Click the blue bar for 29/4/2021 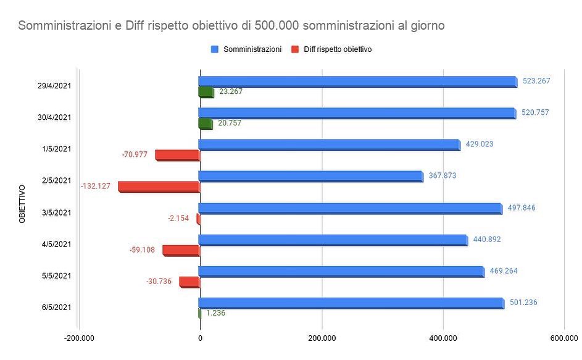pos(358,81)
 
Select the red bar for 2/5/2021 pos(159,186)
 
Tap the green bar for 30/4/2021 pos(206,123)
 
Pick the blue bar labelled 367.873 pos(311,176)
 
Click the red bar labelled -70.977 pos(177,154)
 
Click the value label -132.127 pos(96,186)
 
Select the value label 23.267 pos(231,91)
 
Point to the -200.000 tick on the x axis pos(78,337)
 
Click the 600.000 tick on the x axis pos(563,337)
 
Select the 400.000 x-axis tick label pos(443,337)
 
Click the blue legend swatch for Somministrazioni pos(215,49)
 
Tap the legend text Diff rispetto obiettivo pos(338,49)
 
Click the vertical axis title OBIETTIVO pos(22,203)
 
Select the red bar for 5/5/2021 pos(189,281)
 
